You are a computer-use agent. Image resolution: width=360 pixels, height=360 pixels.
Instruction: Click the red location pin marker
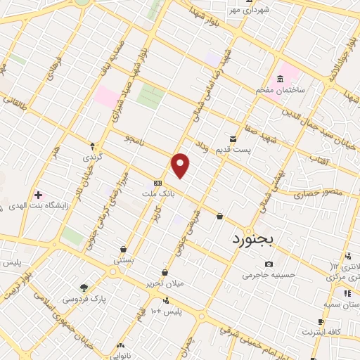181,165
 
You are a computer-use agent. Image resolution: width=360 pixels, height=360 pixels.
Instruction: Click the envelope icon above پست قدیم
233,139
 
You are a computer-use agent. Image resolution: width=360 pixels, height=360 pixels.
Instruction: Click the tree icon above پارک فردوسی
84,288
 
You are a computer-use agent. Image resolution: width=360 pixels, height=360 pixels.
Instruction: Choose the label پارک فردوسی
84,299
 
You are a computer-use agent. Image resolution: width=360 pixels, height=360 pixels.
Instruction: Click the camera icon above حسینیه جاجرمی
268,264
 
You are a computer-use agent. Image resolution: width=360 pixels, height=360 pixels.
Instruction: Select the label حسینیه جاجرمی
267,275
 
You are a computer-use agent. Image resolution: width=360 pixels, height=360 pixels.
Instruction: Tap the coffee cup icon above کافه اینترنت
321,321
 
